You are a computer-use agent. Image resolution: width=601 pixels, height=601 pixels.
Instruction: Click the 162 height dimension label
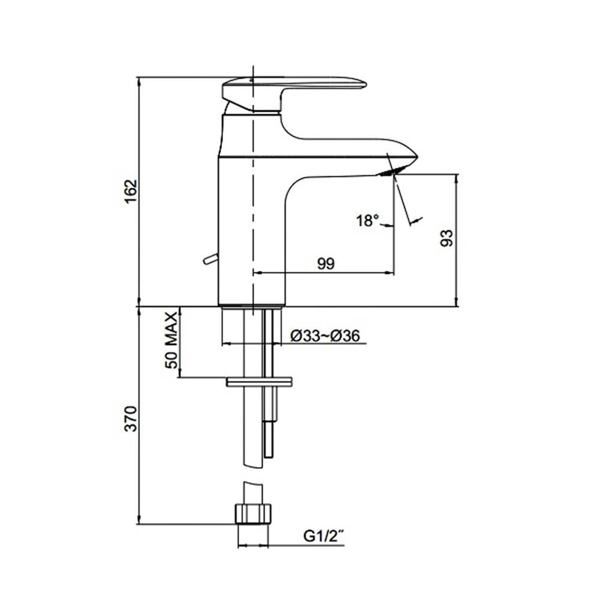point(130,191)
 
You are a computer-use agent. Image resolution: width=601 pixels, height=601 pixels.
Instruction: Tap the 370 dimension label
point(130,418)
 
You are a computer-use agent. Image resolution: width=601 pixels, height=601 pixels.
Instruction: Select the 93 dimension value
point(447,238)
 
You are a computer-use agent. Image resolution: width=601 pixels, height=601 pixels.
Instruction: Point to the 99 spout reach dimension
point(326,263)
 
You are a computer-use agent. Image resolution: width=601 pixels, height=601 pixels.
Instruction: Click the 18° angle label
point(368,221)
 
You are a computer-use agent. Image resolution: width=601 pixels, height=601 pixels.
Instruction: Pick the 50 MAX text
point(171,340)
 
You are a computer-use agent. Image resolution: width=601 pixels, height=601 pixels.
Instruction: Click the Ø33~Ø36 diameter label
point(325,336)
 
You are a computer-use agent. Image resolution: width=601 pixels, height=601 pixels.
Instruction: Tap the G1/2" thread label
point(323,536)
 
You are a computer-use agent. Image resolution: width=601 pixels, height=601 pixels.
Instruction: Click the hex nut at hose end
point(252,514)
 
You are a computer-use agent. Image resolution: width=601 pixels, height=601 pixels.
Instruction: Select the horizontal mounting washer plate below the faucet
point(259,382)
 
